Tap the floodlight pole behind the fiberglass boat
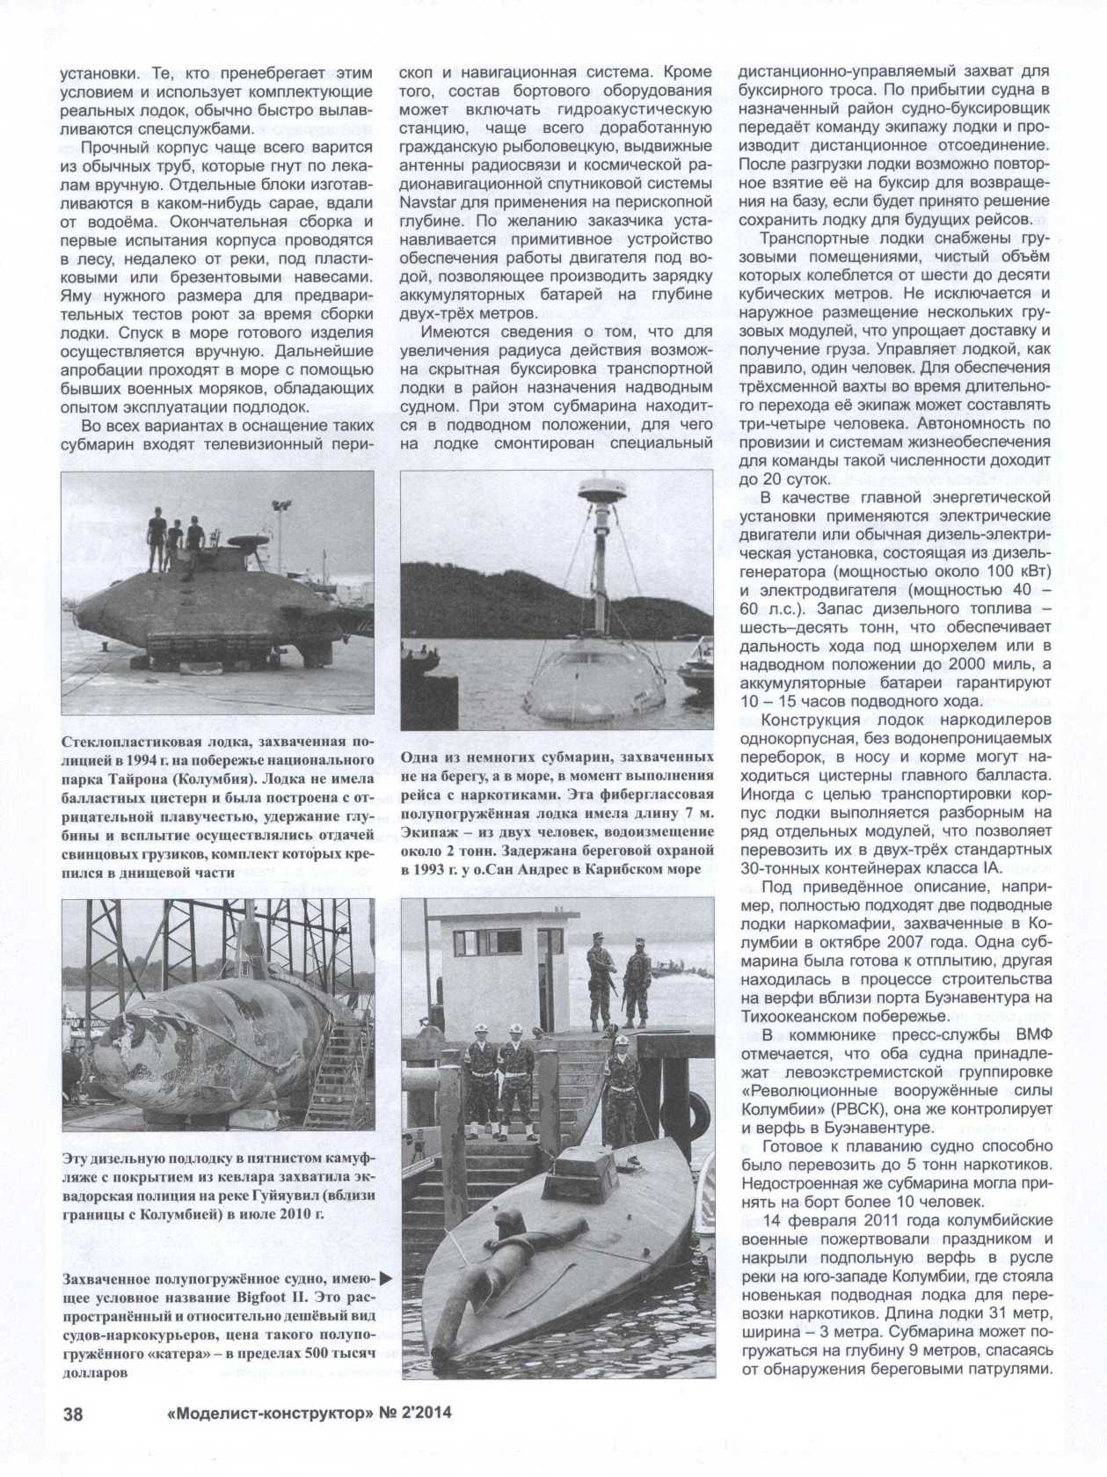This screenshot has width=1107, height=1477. coord(282,519)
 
